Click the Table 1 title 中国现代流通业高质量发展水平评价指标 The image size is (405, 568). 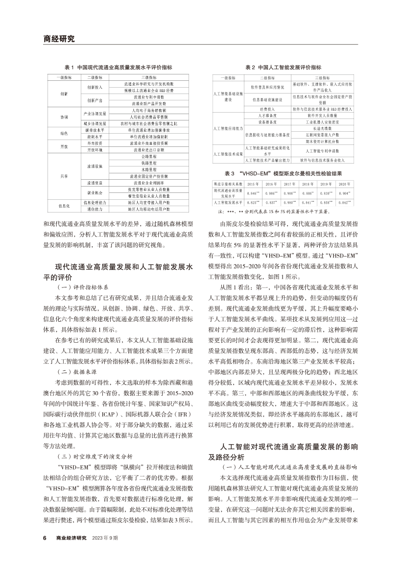(118, 68)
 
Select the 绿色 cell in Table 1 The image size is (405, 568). (64, 133)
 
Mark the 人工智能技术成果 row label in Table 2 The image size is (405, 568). (228, 154)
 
